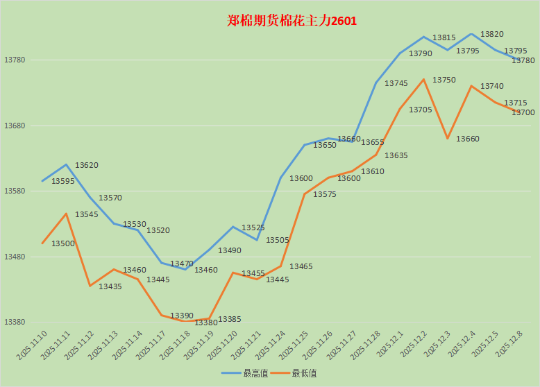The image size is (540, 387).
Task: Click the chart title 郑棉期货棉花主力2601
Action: click(292, 21)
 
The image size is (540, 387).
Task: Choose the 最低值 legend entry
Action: click(304, 373)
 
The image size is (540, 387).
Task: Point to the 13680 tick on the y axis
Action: click(15, 126)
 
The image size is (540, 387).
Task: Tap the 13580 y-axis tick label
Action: click(15, 191)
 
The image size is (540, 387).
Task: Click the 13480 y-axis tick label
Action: click(15, 257)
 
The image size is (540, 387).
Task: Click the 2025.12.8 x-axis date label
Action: click(509, 345)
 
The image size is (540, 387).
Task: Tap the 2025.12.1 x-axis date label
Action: click(390, 345)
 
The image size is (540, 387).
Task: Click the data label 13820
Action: click(492, 34)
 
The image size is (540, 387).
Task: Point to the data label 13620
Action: click(87, 165)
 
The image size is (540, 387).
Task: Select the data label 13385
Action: click(230, 319)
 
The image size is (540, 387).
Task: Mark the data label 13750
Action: click(444, 80)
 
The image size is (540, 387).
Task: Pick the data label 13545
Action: click(87, 214)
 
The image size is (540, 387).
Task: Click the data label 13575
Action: click(325, 194)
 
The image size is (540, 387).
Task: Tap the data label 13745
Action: click(396, 83)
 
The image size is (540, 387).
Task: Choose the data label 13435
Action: click(110, 286)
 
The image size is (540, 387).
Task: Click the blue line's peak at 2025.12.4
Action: click(471, 33)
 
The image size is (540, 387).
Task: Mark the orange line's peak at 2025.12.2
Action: click(423, 79)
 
